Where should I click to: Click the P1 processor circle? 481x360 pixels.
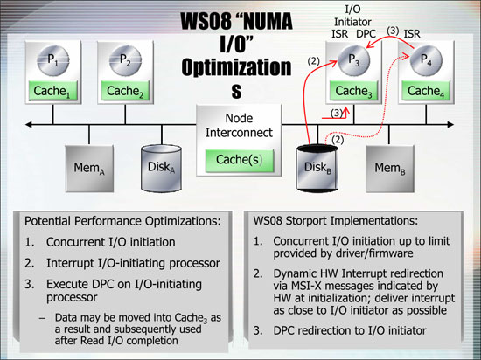(x=53, y=60)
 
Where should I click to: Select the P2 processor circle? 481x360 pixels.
(x=125, y=60)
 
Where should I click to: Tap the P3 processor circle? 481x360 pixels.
(x=353, y=60)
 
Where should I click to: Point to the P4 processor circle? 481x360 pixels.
(x=426, y=60)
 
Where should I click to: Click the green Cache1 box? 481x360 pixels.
(x=52, y=91)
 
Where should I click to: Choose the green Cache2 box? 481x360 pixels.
(x=125, y=91)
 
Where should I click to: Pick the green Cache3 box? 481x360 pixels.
(x=353, y=91)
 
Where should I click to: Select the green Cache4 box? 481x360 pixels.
(x=426, y=91)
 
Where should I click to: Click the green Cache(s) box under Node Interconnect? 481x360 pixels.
(x=240, y=160)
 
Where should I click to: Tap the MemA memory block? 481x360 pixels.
(x=89, y=169)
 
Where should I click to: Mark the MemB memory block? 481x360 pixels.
(x=390, y=169)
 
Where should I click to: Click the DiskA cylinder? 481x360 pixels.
(x=162, y=169)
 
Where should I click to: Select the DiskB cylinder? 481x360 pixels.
(x=317, y=169)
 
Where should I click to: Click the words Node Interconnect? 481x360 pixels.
(x=239, y=125)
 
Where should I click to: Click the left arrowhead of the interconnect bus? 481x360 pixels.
(x=28, y=124)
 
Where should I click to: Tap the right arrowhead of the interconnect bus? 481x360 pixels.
(x=450, y=124)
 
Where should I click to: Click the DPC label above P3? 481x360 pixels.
(x=366, y=34)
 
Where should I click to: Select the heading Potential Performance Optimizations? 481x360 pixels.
(x=122, y=221)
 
